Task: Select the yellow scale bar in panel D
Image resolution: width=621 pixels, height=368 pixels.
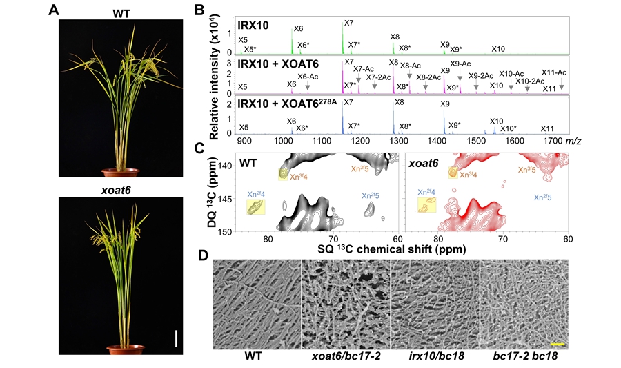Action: (x=558, y=342)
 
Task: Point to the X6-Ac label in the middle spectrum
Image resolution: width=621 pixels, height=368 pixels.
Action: (x=308, y=77)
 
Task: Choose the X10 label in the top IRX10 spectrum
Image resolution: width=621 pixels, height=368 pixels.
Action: (x=498, y=49)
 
